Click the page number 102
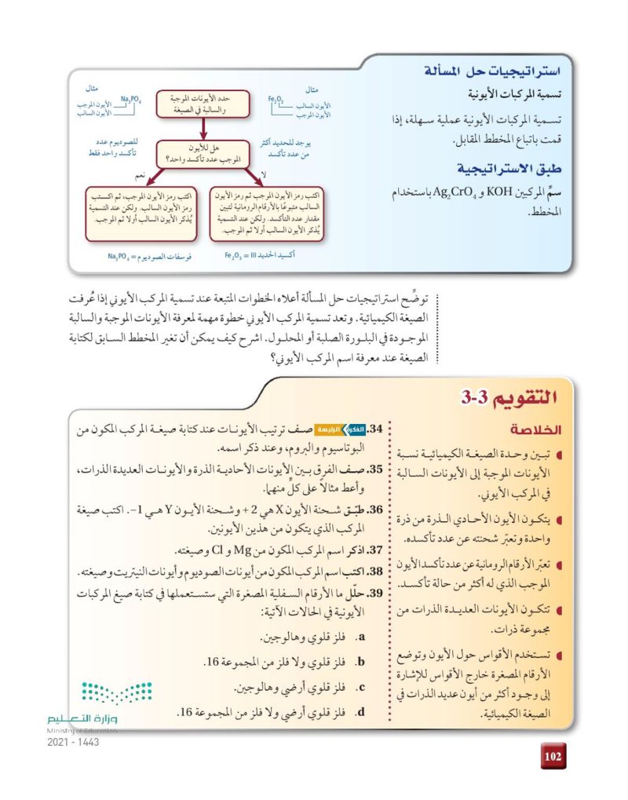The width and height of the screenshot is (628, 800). pos(553,757)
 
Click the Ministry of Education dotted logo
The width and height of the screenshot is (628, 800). pos(116,692)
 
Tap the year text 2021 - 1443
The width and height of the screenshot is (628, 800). pos(73,742)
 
